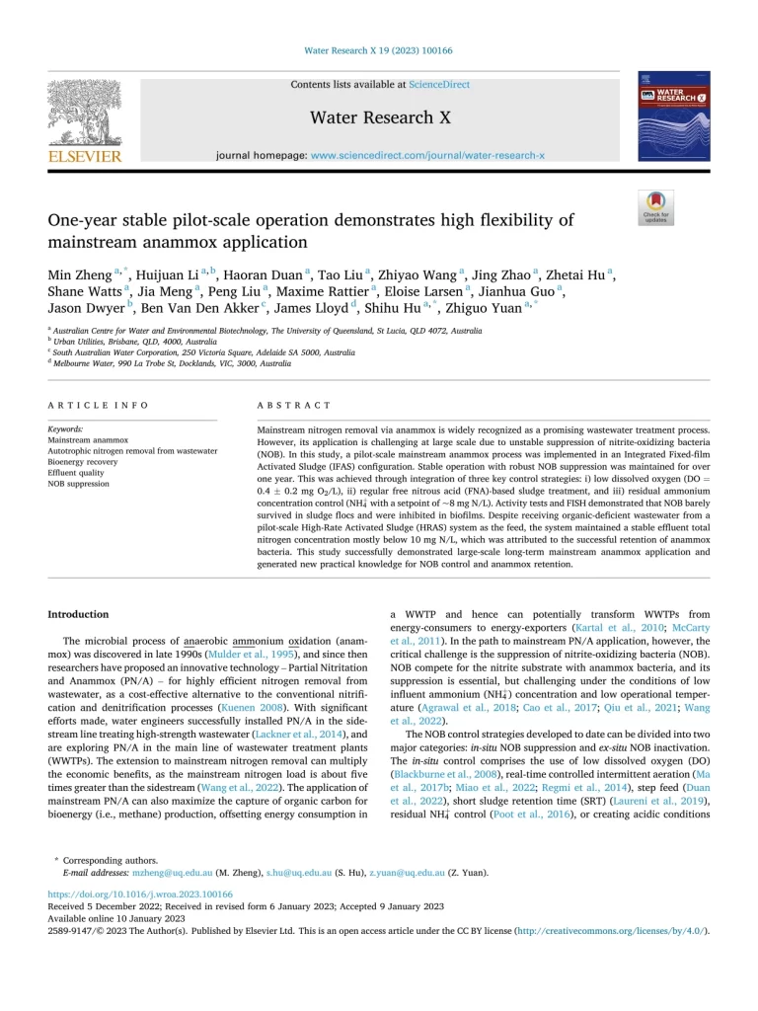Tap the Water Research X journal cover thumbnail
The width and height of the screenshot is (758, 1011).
pos(675,116)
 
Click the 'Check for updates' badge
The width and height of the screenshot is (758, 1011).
pos(655,206)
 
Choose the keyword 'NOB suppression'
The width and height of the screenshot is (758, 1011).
pos(79,485)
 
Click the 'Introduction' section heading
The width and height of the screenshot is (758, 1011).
pos(79,614)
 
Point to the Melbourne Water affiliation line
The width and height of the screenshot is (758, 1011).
pos(170,363)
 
